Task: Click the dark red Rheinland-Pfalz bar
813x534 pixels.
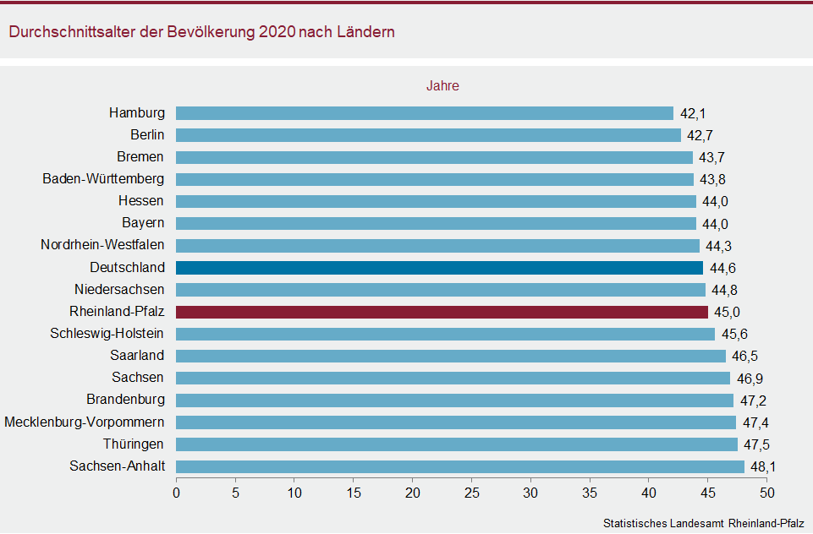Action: [442, 312]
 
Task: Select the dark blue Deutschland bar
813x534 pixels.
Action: [439, 268]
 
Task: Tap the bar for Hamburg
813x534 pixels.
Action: [425, 113]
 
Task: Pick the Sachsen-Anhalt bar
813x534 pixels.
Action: [460, 466]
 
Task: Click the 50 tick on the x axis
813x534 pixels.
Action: [766, 492]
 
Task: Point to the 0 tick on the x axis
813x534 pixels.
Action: [177, 492]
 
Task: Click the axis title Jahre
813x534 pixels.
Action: [442, 86]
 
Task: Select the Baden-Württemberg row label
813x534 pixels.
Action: [103, 179]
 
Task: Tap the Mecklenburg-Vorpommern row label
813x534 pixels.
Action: [85, 422]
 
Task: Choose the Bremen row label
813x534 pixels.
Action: [140, 157]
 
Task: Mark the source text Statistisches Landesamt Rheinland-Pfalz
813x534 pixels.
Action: [703, 523]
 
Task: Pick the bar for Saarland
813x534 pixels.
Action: [451, 356]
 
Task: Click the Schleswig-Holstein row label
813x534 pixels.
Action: [107, 334]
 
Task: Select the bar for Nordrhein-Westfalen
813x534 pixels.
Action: [438, 246]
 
